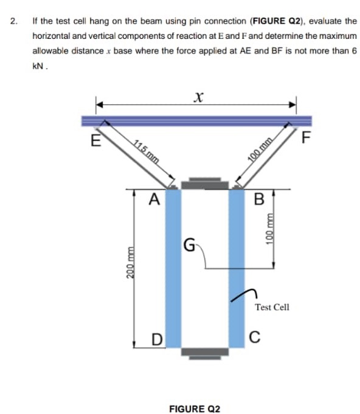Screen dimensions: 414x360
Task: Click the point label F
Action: tap(306, 138)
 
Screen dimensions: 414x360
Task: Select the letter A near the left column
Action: tap(154, 199)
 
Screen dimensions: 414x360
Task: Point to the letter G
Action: tap(189, 246)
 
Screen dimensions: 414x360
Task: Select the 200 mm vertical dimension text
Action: tap(129, 265)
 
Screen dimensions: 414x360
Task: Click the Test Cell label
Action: tap(272, 308)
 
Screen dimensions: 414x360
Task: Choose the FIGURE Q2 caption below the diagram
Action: tap(195, 409)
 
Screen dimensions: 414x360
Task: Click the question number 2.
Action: tap(13, 21)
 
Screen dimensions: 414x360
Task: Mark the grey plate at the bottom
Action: tap(205, 352)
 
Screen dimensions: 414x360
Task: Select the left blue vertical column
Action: tap(173, 267)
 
